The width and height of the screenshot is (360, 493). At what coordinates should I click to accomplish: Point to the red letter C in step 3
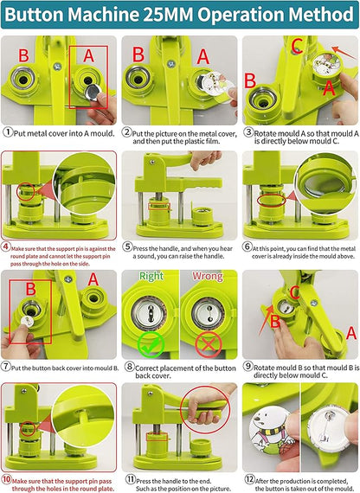[297, 45]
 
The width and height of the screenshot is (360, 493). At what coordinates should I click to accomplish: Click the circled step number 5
[126, 246]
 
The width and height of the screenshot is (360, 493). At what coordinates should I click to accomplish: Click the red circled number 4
[7, 246]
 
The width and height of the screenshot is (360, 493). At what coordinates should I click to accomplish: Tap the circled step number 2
[126, 132]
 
